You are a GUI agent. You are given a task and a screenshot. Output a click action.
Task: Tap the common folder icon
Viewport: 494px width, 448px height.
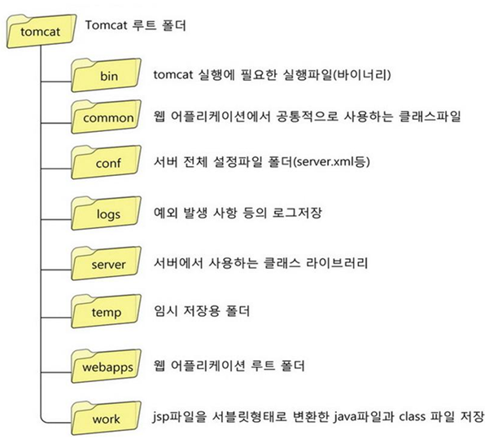107,116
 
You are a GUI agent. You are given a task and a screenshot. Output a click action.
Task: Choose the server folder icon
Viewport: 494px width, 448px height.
107,264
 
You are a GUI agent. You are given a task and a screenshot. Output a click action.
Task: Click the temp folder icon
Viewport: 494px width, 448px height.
107,310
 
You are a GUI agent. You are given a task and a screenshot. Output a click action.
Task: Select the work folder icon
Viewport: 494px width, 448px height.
107,419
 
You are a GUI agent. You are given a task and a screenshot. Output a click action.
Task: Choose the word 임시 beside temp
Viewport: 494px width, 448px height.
165,310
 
